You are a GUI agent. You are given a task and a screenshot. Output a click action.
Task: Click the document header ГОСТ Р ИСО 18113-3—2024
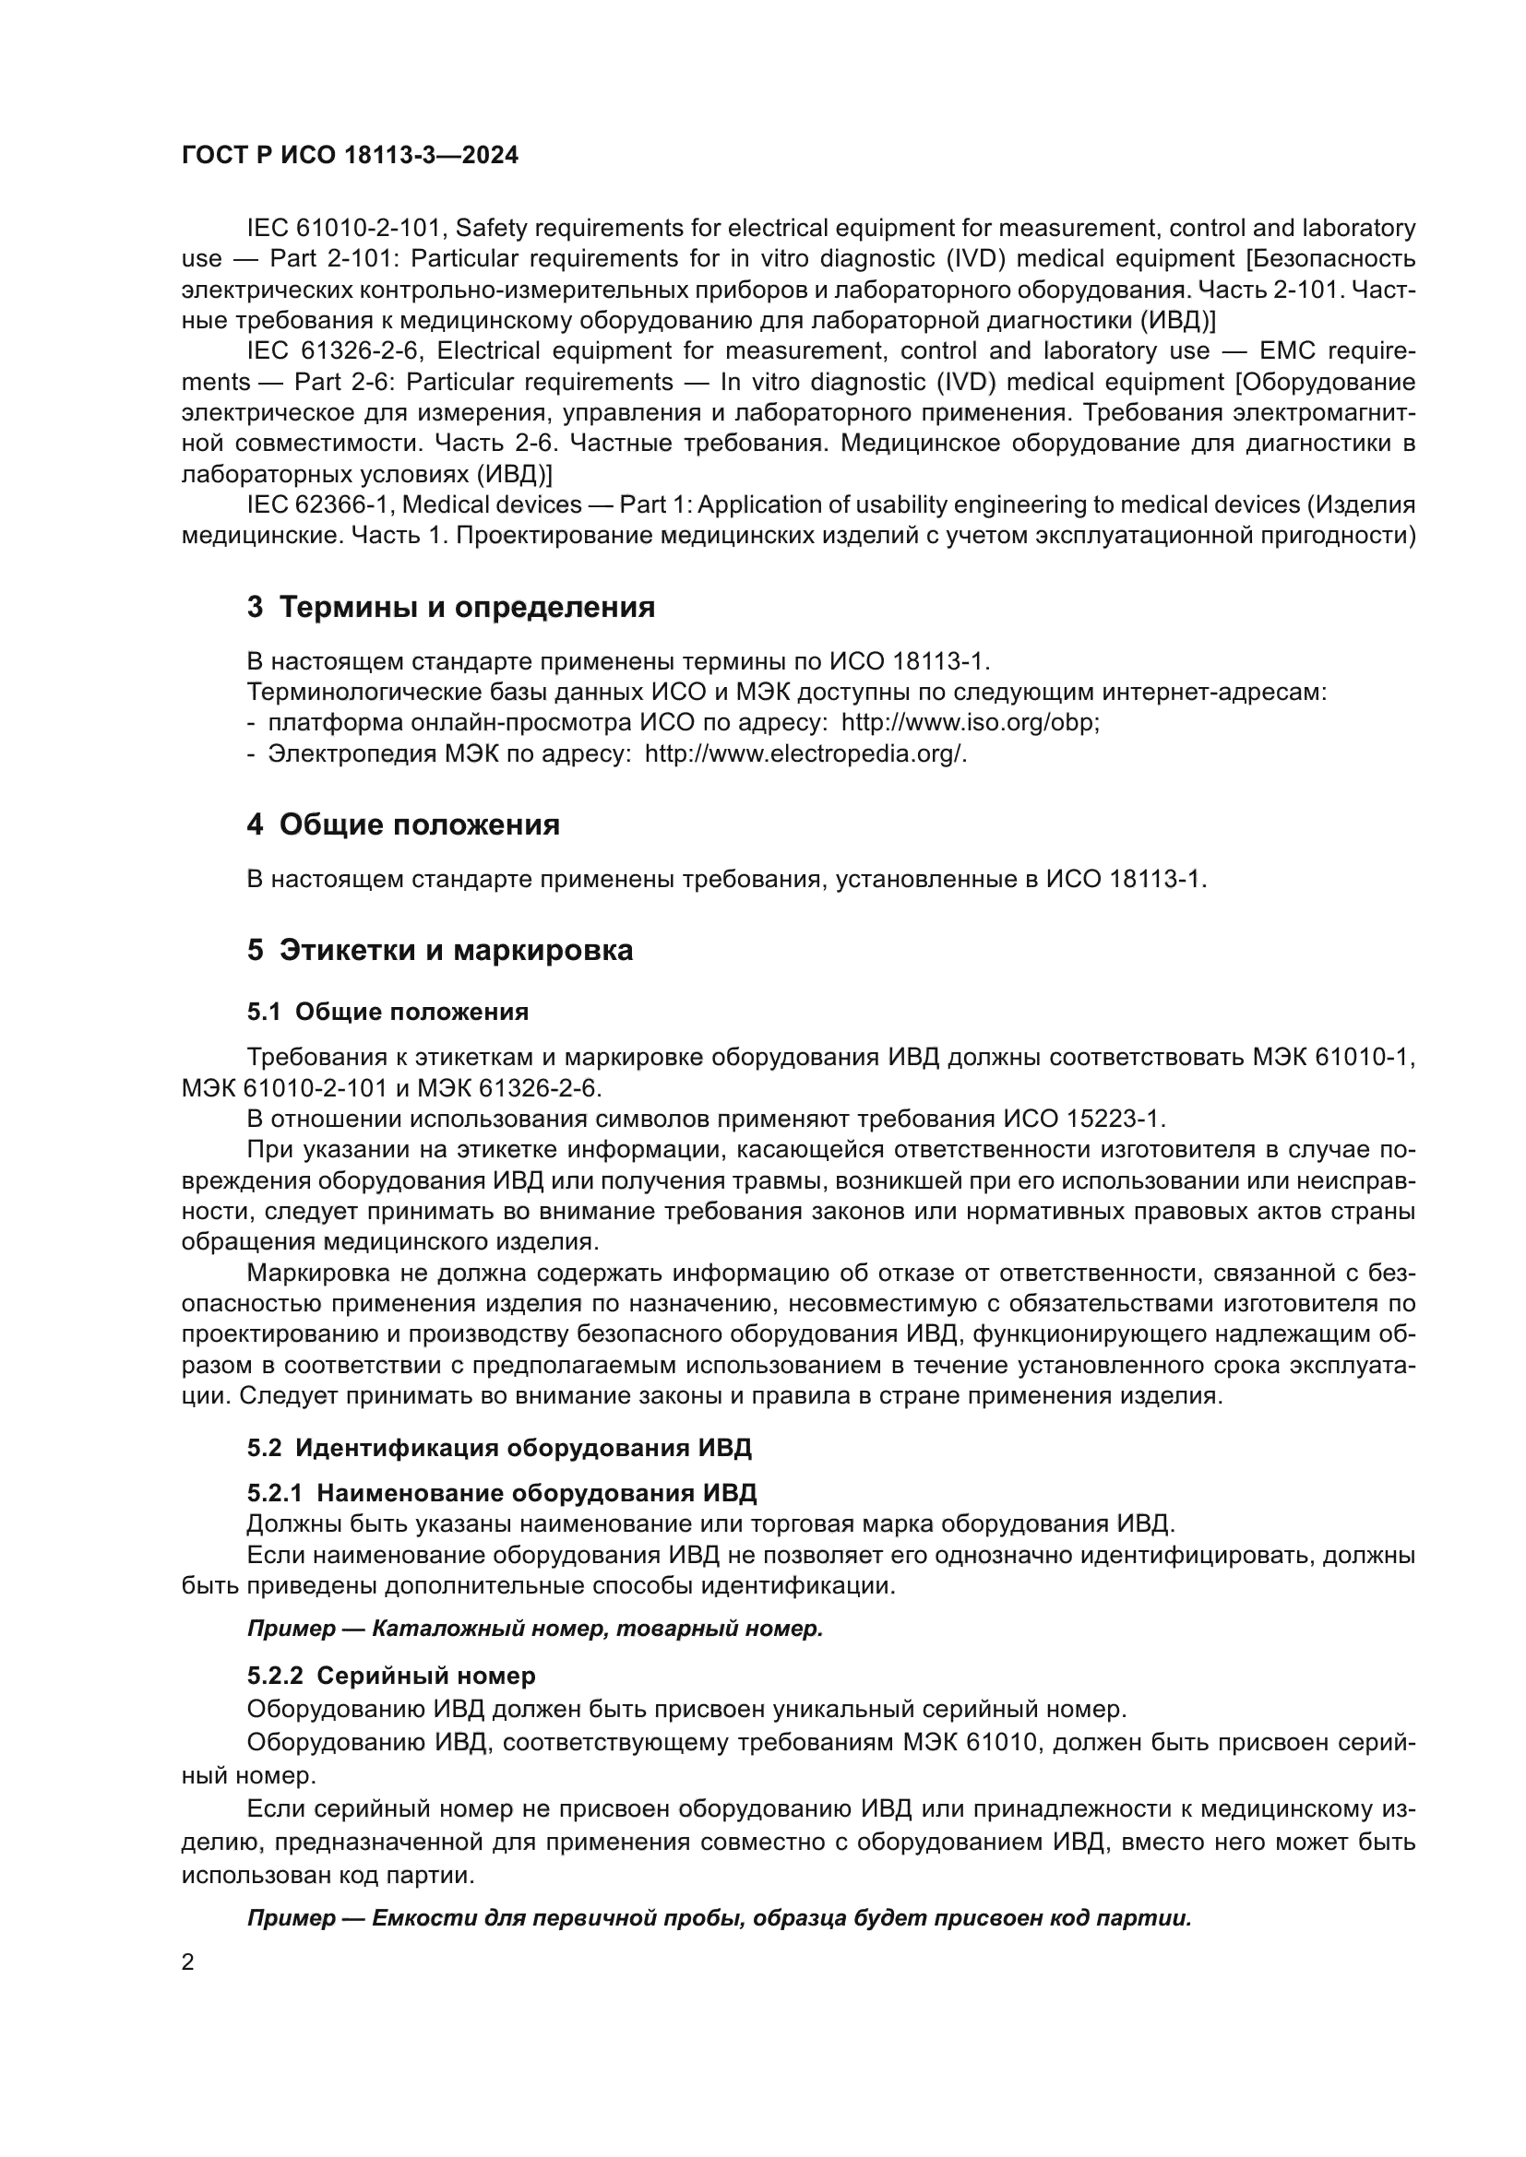tap(350, 155)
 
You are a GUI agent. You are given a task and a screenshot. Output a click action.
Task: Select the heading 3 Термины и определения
tap(451, 607)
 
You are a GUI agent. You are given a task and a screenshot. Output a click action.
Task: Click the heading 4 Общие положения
tap(403, 824)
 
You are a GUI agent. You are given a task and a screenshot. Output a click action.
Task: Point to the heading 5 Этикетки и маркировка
tap(440, 950)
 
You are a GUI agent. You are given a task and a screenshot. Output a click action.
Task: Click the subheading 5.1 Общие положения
tap(387, 1012)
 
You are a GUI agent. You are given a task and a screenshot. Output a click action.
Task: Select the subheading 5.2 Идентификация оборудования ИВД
tap(499, 1448)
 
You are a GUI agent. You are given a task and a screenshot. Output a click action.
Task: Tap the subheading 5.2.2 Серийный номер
tap(391, 1675)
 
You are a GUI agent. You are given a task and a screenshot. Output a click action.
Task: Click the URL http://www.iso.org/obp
tap(968, 723)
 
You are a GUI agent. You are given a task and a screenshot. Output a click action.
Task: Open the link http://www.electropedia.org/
tap(805, 754)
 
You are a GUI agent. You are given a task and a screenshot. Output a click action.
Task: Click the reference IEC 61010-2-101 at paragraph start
tap(333, 229)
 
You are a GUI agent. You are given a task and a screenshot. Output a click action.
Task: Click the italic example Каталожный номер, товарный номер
tap(597, 1628)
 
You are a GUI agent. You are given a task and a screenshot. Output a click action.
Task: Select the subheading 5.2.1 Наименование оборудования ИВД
tap(502, 1493)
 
